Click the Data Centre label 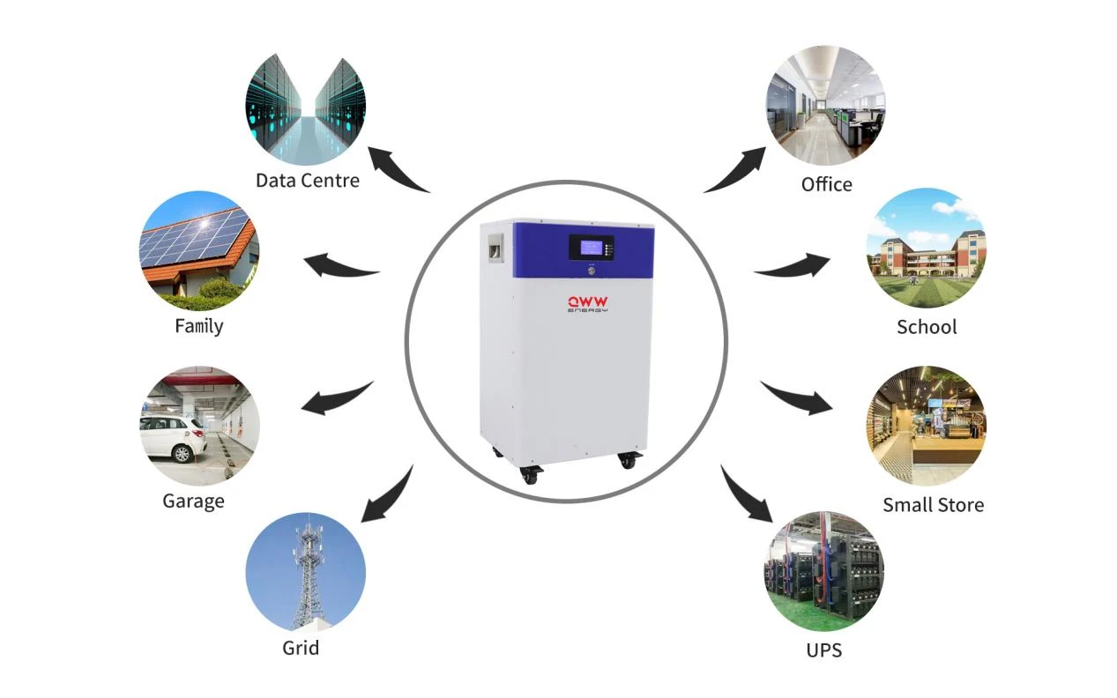(307, 181)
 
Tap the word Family (199, 327)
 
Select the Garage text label (193, 501)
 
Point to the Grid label (301, 648)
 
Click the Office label (826, 184)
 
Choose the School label (927, 327)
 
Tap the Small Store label (934, 505)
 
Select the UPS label (823, 650)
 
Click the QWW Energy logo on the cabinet (588, 304)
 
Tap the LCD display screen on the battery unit (592, 248)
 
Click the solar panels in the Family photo (195, 240)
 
